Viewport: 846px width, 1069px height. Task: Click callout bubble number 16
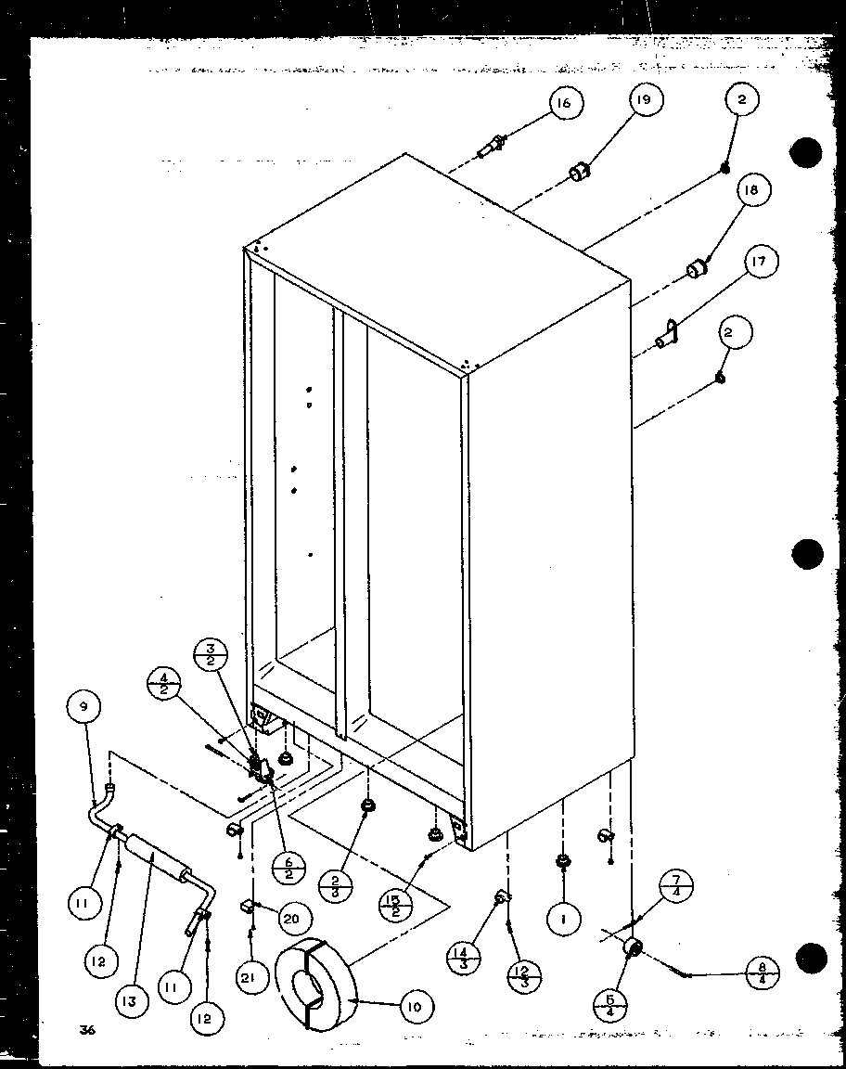click(564, 103)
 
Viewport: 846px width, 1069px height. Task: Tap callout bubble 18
click(750, 191)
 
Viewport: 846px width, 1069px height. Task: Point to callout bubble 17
click(758, 263)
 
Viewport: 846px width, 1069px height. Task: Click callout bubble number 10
click(414, 1006)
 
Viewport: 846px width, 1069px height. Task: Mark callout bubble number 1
click(563, 919)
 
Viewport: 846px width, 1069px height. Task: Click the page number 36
click(88, 1028)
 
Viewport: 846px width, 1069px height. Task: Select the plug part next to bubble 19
click(581, 173)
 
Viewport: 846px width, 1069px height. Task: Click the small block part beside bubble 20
click(249, 903)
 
